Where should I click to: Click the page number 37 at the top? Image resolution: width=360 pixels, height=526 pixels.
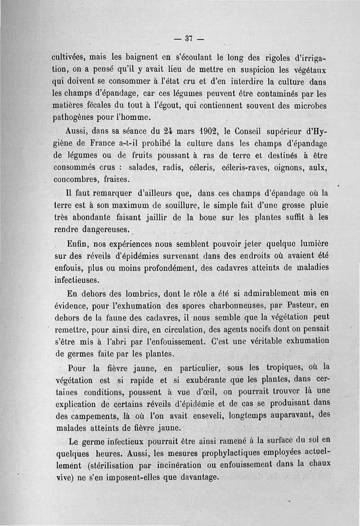(x=189, y=39)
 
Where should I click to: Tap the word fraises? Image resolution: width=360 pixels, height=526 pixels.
(x=116, y=179)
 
